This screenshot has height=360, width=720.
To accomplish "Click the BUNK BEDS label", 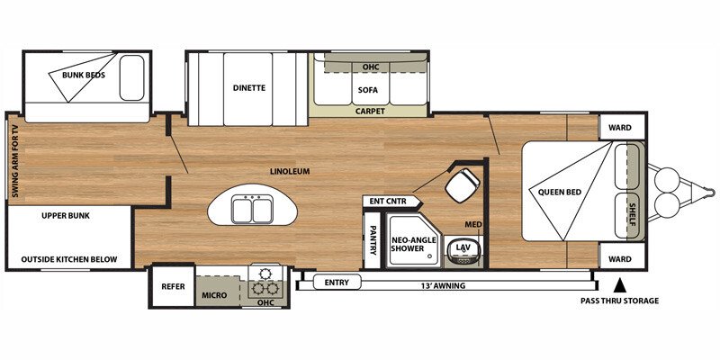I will [x=83, y=75].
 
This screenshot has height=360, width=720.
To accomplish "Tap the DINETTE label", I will [x=248, y=87].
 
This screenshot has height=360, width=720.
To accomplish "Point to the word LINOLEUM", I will [x=289, y=171].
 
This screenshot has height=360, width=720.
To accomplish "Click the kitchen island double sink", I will [x=252, y=209].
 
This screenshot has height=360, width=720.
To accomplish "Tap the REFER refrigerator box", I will [x=172, y=288].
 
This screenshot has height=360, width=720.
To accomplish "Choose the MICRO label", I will [x=214, y=294].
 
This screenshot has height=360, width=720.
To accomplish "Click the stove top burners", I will [x=266, y=283].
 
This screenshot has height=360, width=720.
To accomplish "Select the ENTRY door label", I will [x=336, y=283].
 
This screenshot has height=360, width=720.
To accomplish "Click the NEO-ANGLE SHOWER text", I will [x=414, y=246].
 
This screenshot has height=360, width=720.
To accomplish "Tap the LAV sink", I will [x=463, y=247].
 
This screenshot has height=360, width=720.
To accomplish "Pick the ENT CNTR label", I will [x=385, y=201].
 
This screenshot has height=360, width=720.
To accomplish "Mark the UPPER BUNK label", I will [x=66, y=216].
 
